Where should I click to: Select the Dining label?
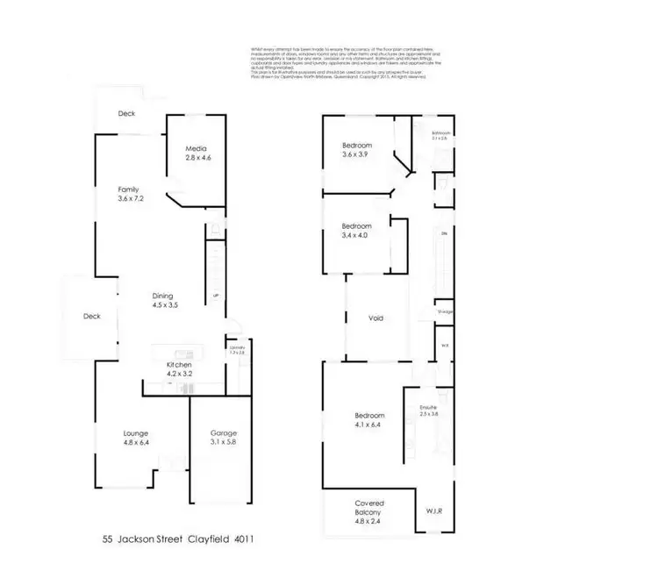coord(162,296)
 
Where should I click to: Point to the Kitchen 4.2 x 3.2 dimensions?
coord(179,374)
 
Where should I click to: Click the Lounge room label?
coord(135,432)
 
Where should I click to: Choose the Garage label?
coord(223,432)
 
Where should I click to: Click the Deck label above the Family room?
coord(126,114)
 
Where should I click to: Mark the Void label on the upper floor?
coord(375,318)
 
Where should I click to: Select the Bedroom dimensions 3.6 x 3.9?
coord(357,155)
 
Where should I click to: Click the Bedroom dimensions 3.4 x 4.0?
coord(357,235)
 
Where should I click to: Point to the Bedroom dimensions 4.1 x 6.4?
coord(369,425)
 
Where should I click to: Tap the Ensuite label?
coord(428,407)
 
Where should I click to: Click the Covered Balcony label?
coord(369,508)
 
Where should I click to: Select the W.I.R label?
coord(434,510)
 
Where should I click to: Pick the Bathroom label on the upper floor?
coord(440,133)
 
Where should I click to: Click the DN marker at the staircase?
coord(444,234)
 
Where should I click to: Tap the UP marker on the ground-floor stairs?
coord(215,296)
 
